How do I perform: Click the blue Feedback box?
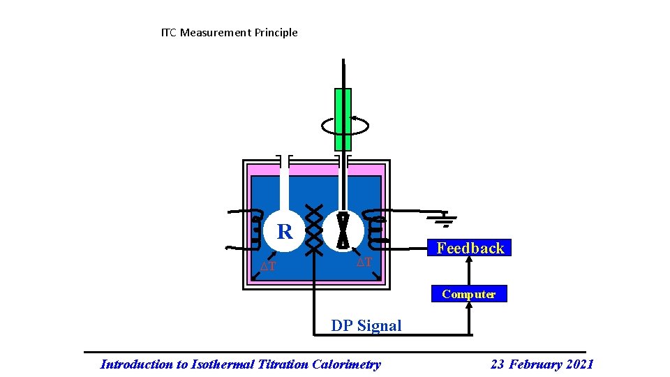(x=470, y=248)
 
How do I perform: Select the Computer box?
(x=468, y=294)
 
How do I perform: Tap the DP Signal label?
(x=366, y=325)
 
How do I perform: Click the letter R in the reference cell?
(x=284, y=232)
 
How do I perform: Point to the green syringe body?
(x=343, y=119)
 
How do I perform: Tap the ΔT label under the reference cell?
(x=268, y=267)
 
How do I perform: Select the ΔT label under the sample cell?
(x=364, y=263)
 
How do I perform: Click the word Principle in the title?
(x=276, y=32)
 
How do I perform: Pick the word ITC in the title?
(x=169, y=32)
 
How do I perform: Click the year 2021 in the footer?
(x=579, y=364)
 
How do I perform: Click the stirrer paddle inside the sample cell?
(x=343, y=230)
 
